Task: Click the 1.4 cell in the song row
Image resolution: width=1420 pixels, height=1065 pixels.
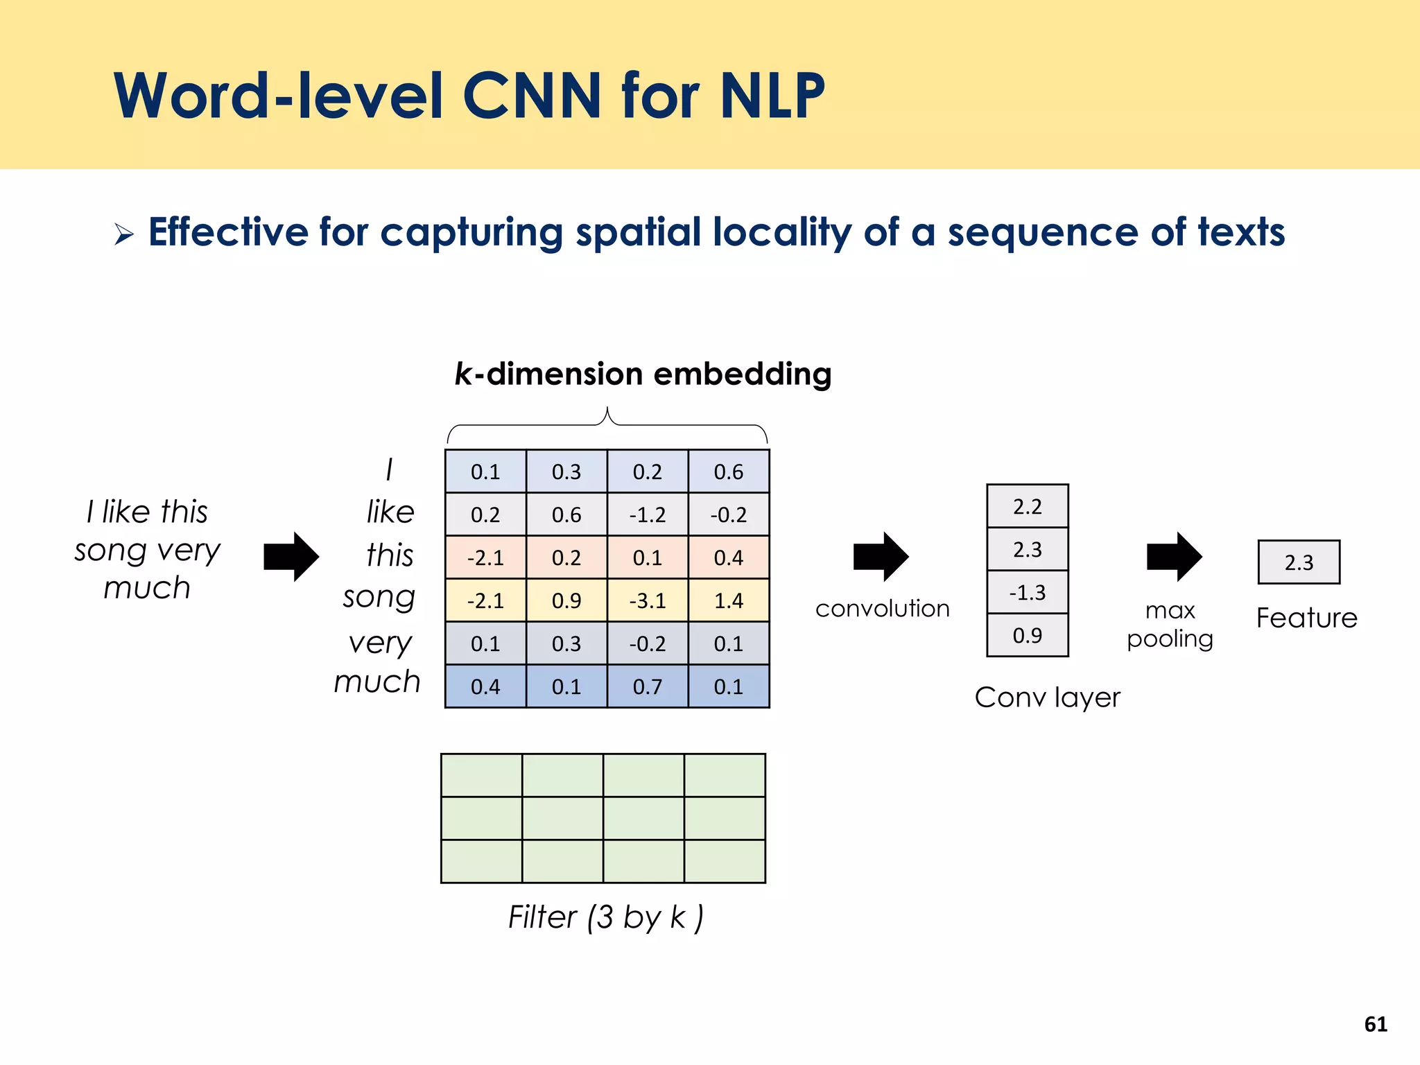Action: [729, 600]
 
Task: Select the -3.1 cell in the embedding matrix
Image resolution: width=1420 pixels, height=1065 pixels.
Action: [648, 600]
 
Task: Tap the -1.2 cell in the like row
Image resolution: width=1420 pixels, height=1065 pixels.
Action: [648, 514]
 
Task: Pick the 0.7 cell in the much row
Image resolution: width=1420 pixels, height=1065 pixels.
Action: [648, 686]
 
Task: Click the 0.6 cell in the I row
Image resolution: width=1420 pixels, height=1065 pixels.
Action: [729, 471]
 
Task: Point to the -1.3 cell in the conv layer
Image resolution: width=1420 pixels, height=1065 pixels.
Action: [1027, 592]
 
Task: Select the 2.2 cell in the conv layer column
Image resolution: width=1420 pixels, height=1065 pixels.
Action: [1027, 506]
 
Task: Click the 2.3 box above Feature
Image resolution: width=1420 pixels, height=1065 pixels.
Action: [1299, 562]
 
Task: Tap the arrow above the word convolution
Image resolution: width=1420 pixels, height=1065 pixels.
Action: [881, 556]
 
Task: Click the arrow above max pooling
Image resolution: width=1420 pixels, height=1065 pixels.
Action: [1174, 556]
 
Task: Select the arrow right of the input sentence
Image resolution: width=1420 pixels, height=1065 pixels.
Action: [291, 556]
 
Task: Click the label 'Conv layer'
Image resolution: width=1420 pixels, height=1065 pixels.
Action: [1047, 698]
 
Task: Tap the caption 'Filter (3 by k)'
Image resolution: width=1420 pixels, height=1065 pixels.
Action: [605, 917]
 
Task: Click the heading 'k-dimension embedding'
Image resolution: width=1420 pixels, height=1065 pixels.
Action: [643, 374]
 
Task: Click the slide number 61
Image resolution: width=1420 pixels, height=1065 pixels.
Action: [1376, 1024]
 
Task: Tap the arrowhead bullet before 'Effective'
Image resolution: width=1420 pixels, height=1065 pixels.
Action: [124, 234]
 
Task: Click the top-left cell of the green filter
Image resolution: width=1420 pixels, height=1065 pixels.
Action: [481, 775]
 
